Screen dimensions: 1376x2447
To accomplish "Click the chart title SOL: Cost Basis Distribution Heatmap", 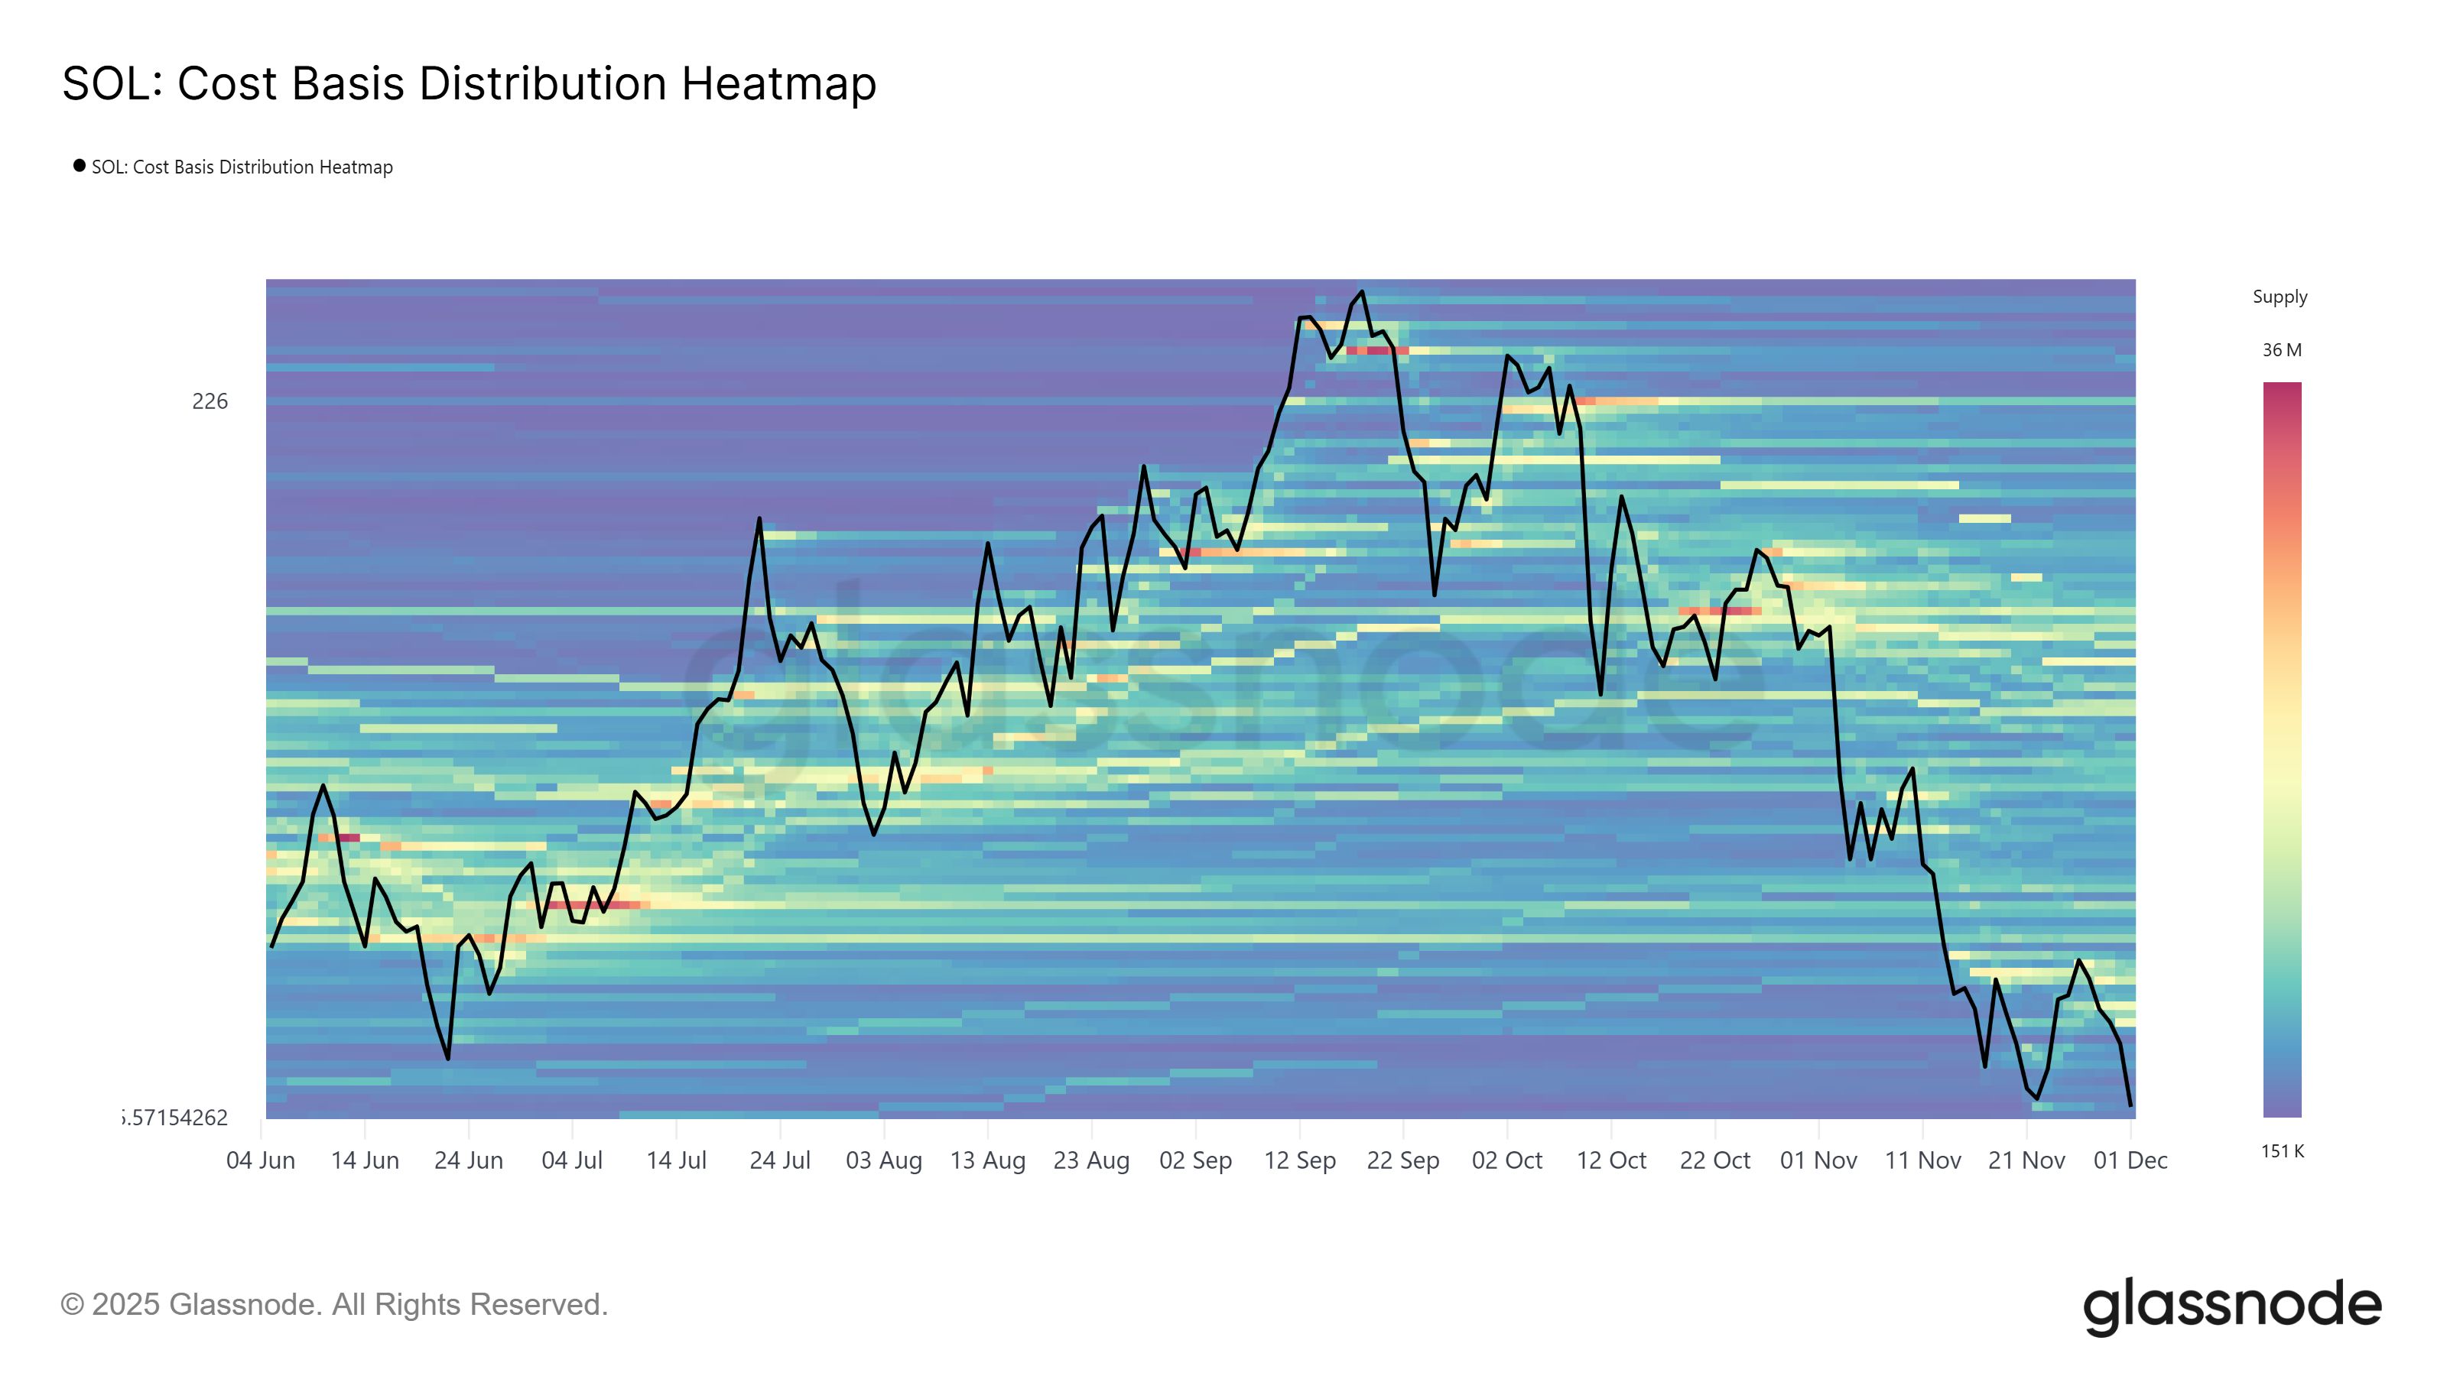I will [470, 83].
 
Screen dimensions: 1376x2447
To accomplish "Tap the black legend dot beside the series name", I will [80, 166].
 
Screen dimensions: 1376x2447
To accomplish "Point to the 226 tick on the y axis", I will [210, 401].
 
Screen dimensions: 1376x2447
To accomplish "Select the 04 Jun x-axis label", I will [260, 1160].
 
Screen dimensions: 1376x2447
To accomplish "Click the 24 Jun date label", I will [468, 1160].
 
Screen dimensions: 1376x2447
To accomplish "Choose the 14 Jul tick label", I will [676, 1160].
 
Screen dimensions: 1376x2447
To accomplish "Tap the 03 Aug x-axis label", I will [883, 1160].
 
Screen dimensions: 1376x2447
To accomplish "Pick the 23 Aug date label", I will [1091, 1160].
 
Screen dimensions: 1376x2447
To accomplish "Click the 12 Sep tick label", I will [1299, 1160].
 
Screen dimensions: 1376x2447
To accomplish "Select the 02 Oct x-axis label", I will [1506, 1160].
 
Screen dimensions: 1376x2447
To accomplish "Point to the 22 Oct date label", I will [1714, 1160].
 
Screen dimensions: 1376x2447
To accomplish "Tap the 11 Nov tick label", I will [1922, 1160].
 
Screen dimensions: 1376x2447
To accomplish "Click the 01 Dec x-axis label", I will [2130, 1160].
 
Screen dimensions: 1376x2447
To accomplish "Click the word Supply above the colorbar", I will [2280, 297].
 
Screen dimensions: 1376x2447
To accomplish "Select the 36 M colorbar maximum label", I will [2282, 350].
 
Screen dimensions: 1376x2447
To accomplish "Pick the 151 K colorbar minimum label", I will [2282, 1152].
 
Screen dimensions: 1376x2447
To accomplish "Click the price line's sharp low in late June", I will [447, 1058].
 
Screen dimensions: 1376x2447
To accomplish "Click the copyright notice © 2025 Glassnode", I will [333, 1305].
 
